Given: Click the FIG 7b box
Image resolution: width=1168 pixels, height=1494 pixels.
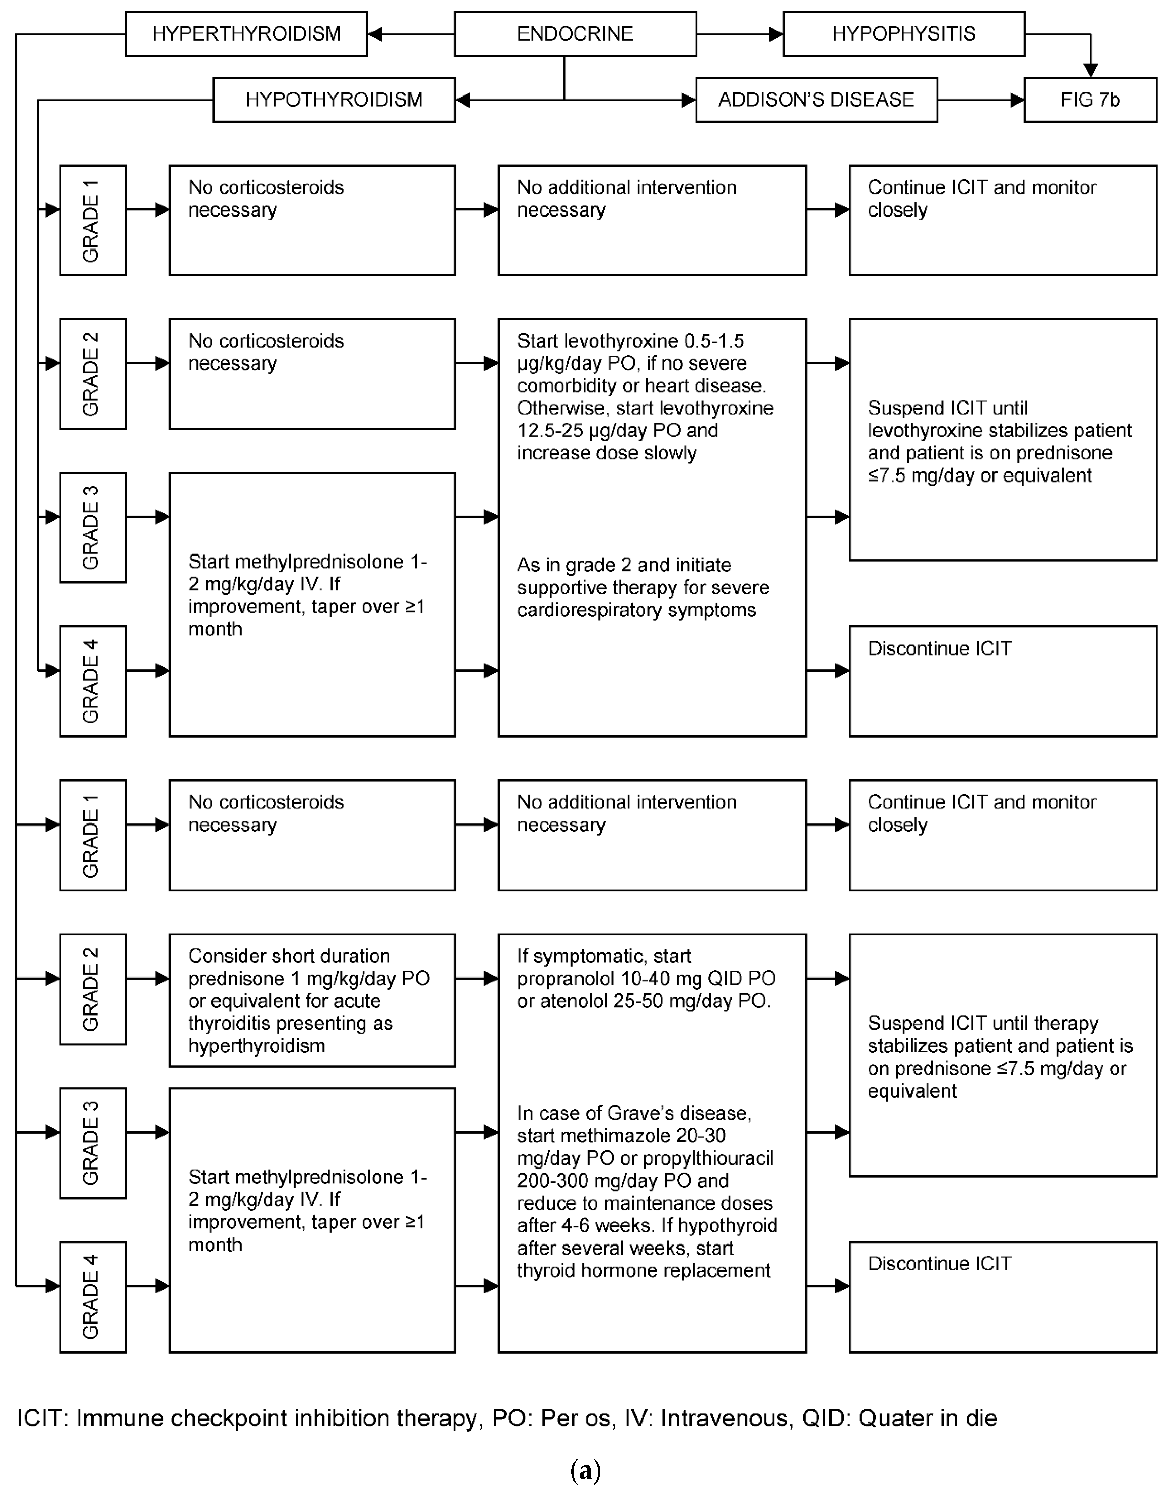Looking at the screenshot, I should coord(1090,100).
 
